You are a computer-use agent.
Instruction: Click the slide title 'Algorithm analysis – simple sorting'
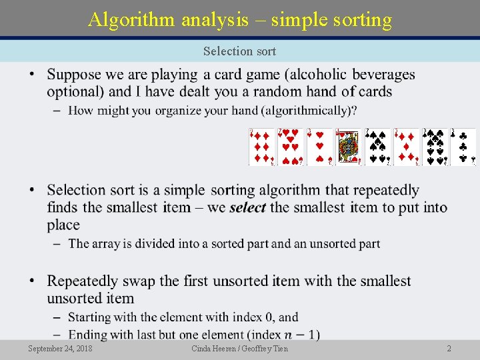tap(240, 19)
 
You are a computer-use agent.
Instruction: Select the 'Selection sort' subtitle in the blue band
tap(239, 51)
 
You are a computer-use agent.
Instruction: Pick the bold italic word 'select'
tap(247, 207)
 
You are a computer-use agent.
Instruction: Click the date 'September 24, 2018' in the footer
tap(61, 349)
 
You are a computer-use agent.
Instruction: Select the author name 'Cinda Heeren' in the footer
tap(213, 349)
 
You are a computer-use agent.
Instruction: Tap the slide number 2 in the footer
tap(449, 349)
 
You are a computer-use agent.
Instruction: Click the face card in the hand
tap(348, 147)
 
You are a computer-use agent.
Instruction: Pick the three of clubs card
tap(463, 147)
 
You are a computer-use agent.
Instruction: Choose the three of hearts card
tap(319, 147)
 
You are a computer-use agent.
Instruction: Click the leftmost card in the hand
tap(261, 147)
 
